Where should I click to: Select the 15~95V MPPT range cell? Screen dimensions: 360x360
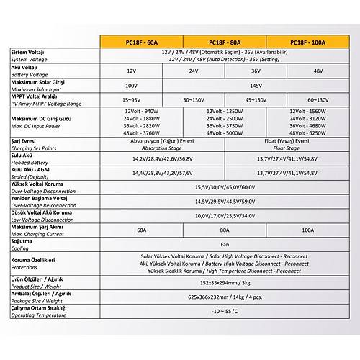131,99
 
